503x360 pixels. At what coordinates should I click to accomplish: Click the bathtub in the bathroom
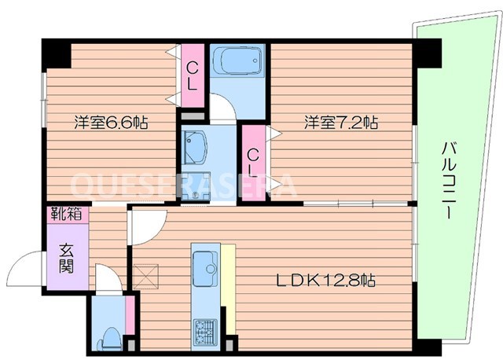[239, 62]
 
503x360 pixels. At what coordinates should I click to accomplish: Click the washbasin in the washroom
[195, 146]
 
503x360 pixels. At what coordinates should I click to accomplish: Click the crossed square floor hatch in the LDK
[145, 275]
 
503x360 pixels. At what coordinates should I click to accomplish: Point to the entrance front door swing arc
[31, 267]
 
